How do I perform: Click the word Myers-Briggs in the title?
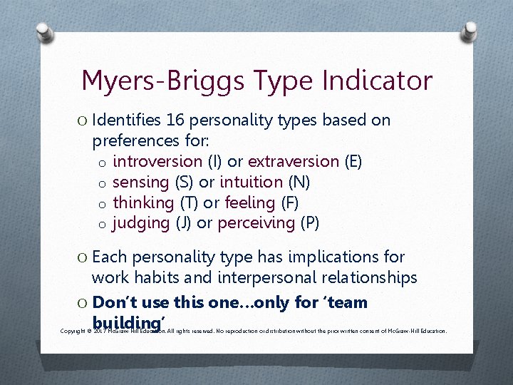pyautogui.click(x=159, y=81)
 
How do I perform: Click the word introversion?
pyautogui.click(x=157, y=162)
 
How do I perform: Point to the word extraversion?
pyautogui.click(x=293, y=162)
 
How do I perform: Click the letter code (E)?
pyautogui.click(x=353, y=162)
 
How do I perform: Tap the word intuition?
pyautogui.click(x=247, y=183)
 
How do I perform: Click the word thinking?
pyautogui.click(x=143, y=202)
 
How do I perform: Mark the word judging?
pyautogui.click(x=141, y=223)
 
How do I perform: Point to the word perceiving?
pyautogui.click(x=256, y=223)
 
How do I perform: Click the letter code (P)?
pyautogui.click(x=309, y=223)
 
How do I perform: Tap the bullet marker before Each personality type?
pyautogui.click(x=83, y=257)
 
